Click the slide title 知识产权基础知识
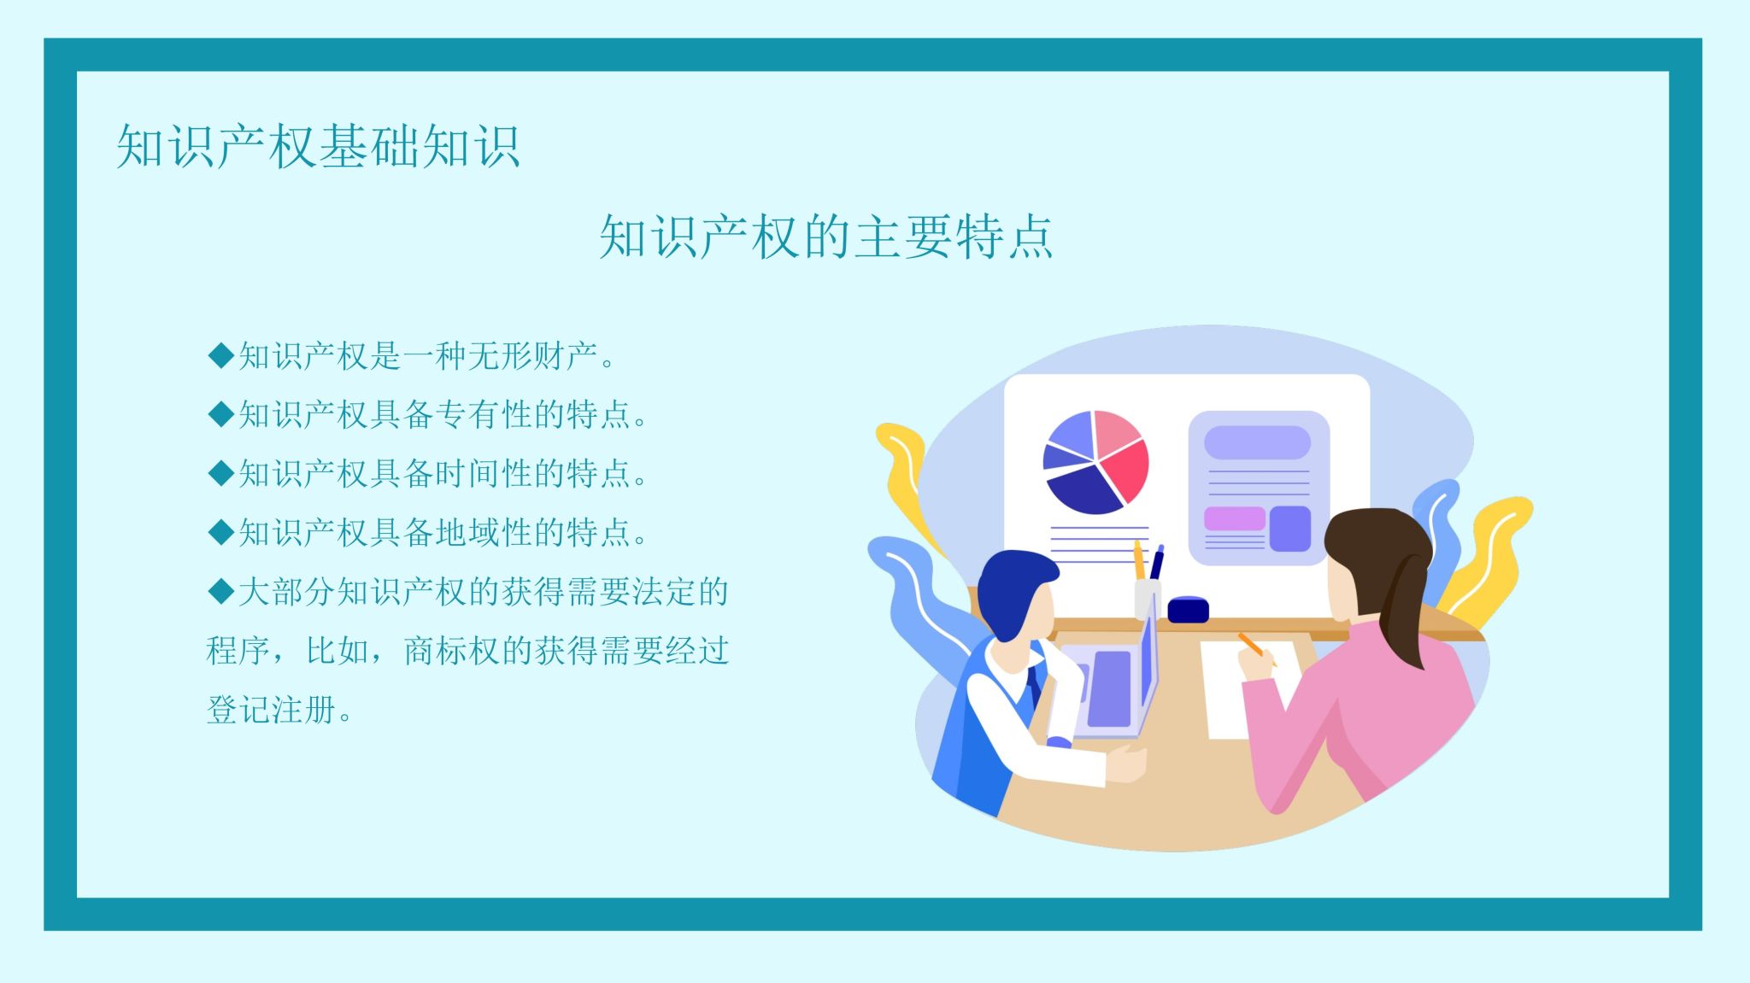318,146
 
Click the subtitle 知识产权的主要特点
826,237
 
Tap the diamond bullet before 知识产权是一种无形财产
221,355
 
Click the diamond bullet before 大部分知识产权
221,591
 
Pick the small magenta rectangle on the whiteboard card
1234,518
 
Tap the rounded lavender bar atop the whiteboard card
1257,442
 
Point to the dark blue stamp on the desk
1188,610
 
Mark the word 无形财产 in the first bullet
533,355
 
